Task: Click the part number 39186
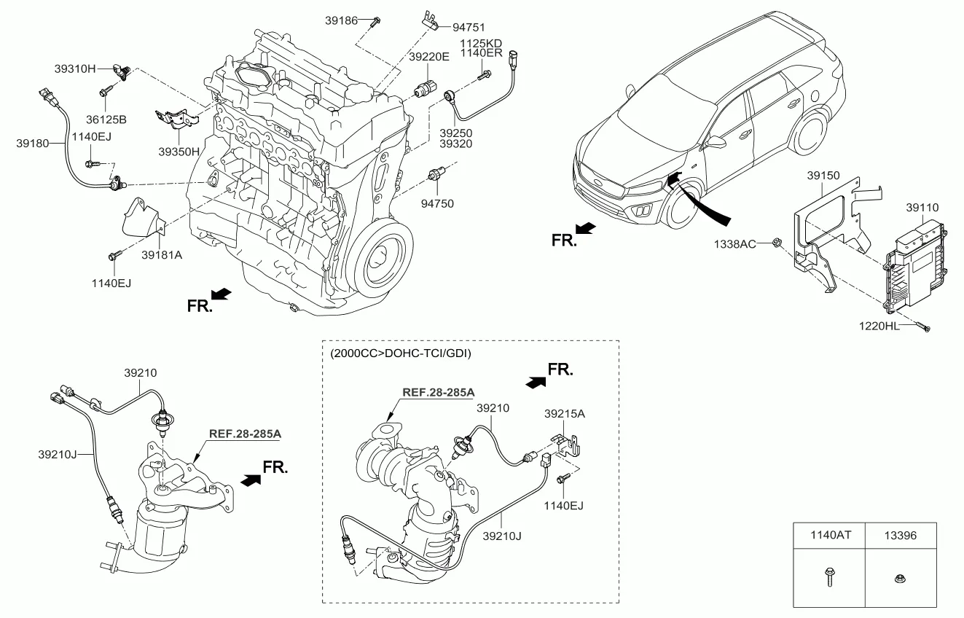pyautogui.click(x=341, y=21)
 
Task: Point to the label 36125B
pyautogui.click(x=106, y=119)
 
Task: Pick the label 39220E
pyautogui.click(x=429, y=56)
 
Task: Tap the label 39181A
pyautogui.click(x=161, y=256)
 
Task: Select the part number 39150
pyautogui.click(x=823, y=176)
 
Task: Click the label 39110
pyautogui.click(x=922, y=207)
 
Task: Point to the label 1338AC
pyautogui.click(x=735, y=243)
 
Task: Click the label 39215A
pyautogui.click(x=565, y=413)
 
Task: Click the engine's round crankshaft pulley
pyautogui.click(x=380, y=257)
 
